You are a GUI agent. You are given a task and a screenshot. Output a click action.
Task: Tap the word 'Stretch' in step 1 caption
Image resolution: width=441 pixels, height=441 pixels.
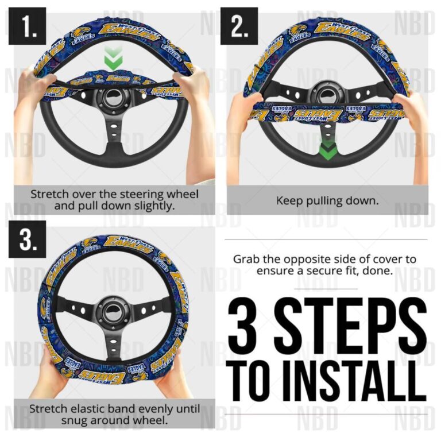[49, 194]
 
